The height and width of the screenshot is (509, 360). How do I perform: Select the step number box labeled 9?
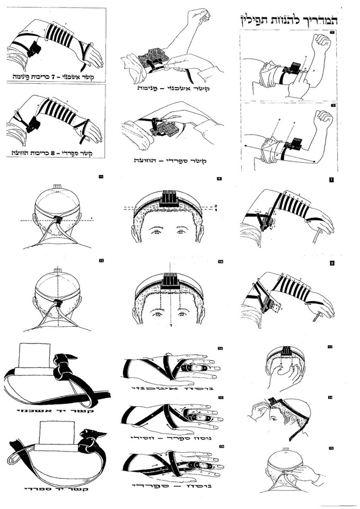(x=219, y=179)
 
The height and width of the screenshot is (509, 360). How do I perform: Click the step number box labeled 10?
(x=219, y=261)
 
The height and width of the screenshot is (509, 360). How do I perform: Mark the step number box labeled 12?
(x=101, y=261)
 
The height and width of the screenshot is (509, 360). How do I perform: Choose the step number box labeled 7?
(x=331, y=180)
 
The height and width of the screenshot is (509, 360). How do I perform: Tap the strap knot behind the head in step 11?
(x=56, y=219)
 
